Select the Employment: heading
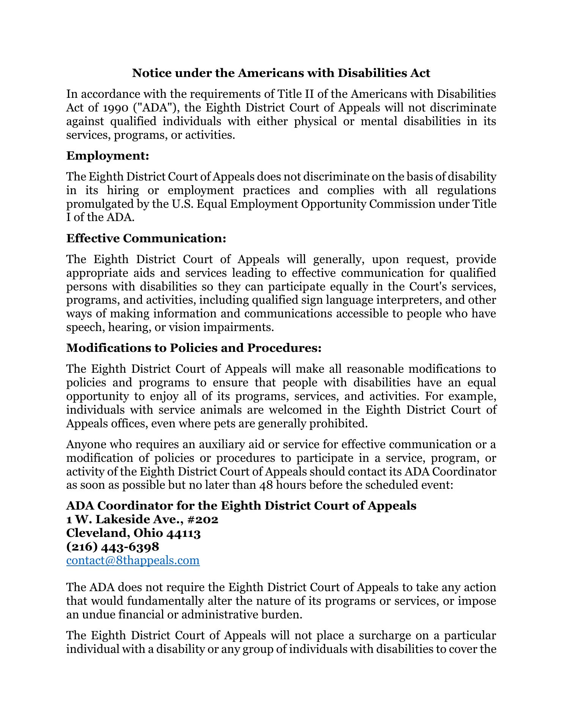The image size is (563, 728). click(x=107, y=156)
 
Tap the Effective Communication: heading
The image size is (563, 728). click(x=146, y=238)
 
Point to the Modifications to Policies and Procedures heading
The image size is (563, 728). click(x=194, y=348)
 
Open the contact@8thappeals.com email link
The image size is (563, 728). click(x=133, y=560)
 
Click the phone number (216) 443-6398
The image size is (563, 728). click(x=113, y=546)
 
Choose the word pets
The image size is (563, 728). click(x=225, y=424)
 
